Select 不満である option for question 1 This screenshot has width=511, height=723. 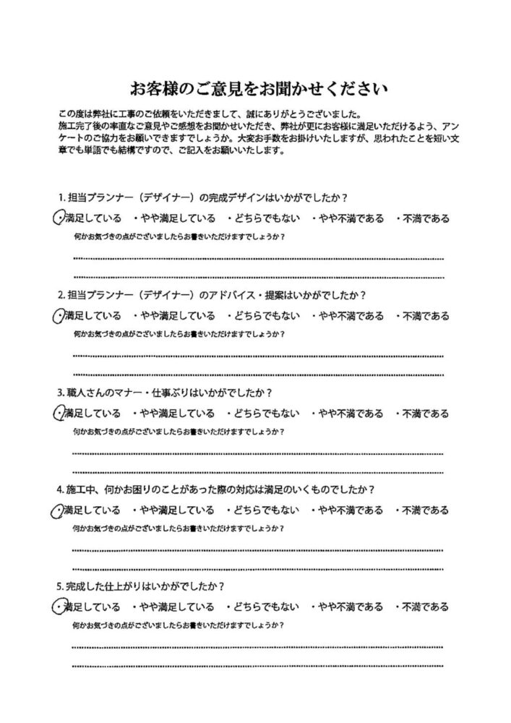pos(423,218)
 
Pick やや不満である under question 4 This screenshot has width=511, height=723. pos(348,510)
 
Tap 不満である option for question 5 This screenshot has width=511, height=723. pos(423,607)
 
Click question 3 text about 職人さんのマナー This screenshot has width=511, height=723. pos(164,393)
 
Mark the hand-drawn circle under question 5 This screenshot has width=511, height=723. pos(59,606)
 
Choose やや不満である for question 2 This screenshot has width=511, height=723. pos(348,316)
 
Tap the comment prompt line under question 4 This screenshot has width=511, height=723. pos(179,529)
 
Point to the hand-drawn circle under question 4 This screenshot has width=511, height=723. pos(58,510)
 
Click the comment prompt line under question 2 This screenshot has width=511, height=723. pos(179,335)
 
